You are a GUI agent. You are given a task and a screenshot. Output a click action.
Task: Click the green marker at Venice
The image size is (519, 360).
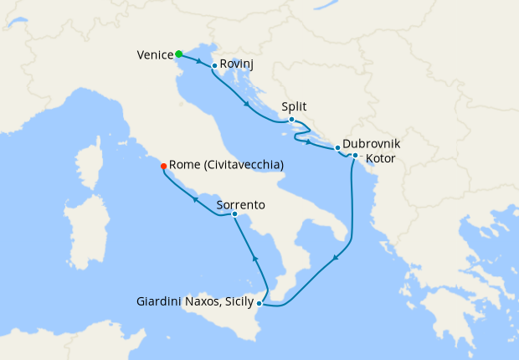[179, 54]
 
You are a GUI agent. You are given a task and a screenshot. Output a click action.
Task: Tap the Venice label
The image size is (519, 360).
[155, 55]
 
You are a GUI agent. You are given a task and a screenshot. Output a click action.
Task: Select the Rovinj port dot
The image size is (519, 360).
[215, 65]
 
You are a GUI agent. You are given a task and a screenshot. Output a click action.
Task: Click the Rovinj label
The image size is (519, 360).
[237, 64]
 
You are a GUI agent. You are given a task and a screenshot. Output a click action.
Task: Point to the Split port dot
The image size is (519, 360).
[291, 120]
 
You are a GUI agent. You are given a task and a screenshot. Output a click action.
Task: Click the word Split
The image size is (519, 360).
[295, 107]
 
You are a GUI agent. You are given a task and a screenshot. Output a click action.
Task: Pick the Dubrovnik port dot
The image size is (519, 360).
[337, 147]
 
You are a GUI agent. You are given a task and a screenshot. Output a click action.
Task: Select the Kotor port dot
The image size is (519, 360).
[356, 156]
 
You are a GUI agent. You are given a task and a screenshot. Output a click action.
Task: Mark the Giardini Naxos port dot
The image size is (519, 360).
[259, 302]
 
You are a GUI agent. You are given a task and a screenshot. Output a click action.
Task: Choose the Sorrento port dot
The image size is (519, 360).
[235, 215]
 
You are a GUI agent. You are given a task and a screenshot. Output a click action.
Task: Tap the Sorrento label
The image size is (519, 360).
[241, 204]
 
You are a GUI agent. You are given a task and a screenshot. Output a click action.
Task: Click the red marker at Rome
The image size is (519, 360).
[163, 166]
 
